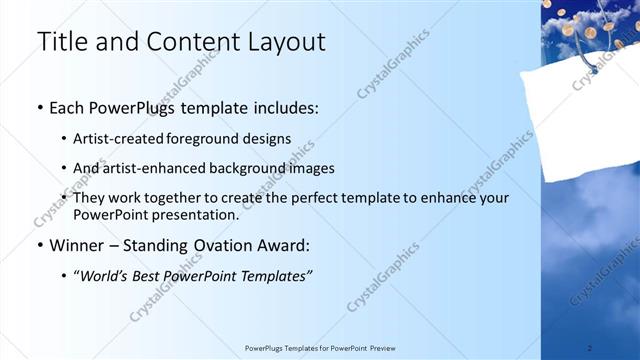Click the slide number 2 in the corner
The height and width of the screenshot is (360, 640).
589,347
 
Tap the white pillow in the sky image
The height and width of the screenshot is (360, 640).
590,115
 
